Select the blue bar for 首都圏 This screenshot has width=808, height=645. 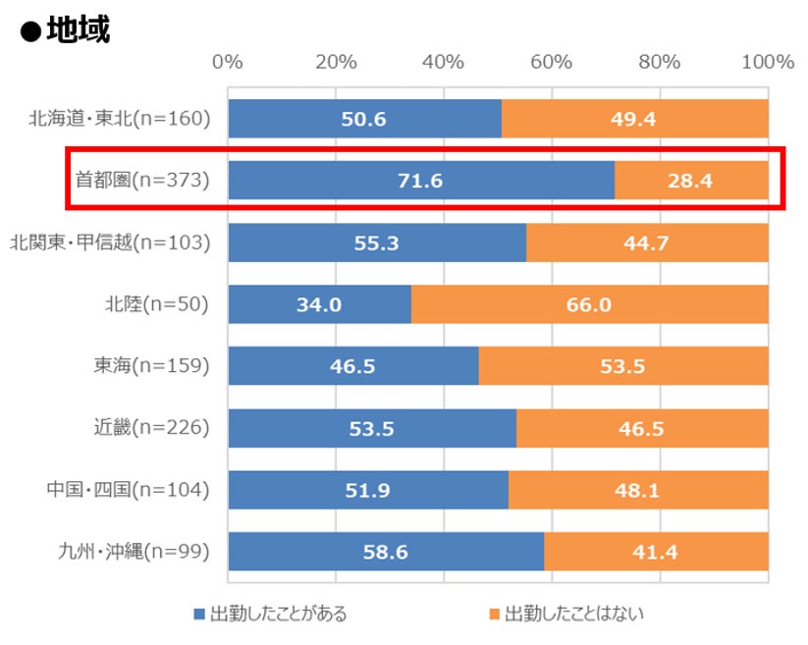pyautogui.click(x=420, y=181)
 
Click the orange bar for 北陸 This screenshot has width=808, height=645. pyautogui.click(x=589, y=304)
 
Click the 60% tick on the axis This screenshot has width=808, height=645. pyautogui.click(x=551, y=62)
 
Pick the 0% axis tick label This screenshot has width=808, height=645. pyautogui.click(x=228, y=62)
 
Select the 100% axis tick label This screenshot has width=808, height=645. pyautogui.click(x=767, y=62)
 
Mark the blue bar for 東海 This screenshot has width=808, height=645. pyautogui.click(x=353, y=366)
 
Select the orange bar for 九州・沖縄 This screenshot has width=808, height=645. pyautogui.click(x=656, y=552)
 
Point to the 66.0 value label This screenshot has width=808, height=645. pyautogui.click(x=589, y=304)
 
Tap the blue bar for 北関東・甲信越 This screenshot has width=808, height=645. pyautogui.click(x=377, y=242)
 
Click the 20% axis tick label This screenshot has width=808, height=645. pyautogui.click(x=336, y=62)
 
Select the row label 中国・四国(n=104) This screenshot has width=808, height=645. pyautogui.click(x=129, y=489)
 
